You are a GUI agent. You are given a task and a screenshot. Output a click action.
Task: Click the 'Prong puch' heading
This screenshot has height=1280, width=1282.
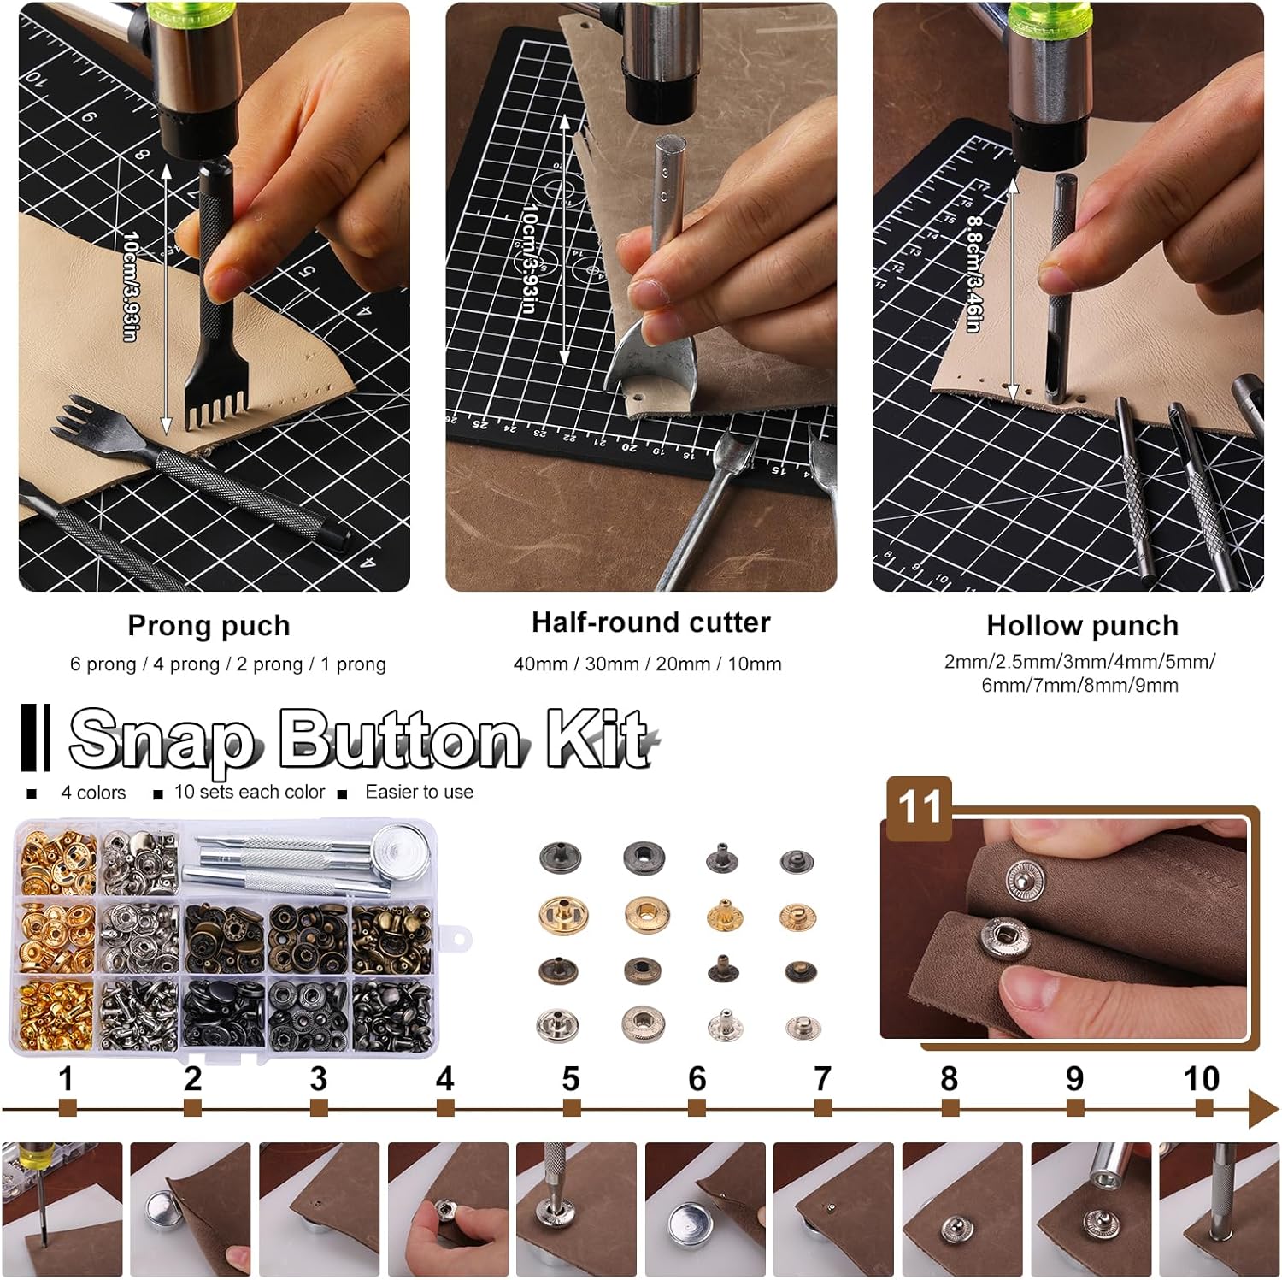click(x=209, y=626)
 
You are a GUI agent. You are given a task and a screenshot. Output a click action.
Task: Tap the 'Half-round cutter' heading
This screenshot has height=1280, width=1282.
click(x=651, y=622)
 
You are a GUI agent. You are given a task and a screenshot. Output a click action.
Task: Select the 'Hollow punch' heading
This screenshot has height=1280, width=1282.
click(x=1082, y=626)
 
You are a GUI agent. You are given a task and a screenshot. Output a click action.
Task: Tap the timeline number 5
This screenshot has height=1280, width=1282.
click(x=571, y=1079)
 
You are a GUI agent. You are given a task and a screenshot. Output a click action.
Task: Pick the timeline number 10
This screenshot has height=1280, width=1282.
click(x=1201, y=1079)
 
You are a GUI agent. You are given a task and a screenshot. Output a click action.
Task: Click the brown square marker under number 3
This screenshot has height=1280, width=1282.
click(x=319, y=1108)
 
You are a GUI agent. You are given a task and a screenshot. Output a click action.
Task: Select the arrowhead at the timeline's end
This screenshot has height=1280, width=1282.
click(x=1263, y=1109)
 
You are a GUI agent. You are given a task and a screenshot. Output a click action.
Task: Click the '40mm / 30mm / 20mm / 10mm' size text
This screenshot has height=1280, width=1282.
click(x=648, y=664)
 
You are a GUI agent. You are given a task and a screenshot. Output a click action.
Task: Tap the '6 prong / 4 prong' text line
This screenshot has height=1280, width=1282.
click(x=145, y=664)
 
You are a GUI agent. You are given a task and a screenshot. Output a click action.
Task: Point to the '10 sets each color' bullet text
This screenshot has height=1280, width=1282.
click(x=250, y=793)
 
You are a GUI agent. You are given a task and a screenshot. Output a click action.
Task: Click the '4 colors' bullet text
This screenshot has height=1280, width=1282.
click(x=93, y=793)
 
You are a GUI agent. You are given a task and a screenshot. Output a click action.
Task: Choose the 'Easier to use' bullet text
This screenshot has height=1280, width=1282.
click(x=419, y=793)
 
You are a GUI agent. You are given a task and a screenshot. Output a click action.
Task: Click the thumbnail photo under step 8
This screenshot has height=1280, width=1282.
click(x=961, y=1209)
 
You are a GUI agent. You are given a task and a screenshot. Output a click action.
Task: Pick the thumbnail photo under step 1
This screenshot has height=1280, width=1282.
click(x=62, y=1209)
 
